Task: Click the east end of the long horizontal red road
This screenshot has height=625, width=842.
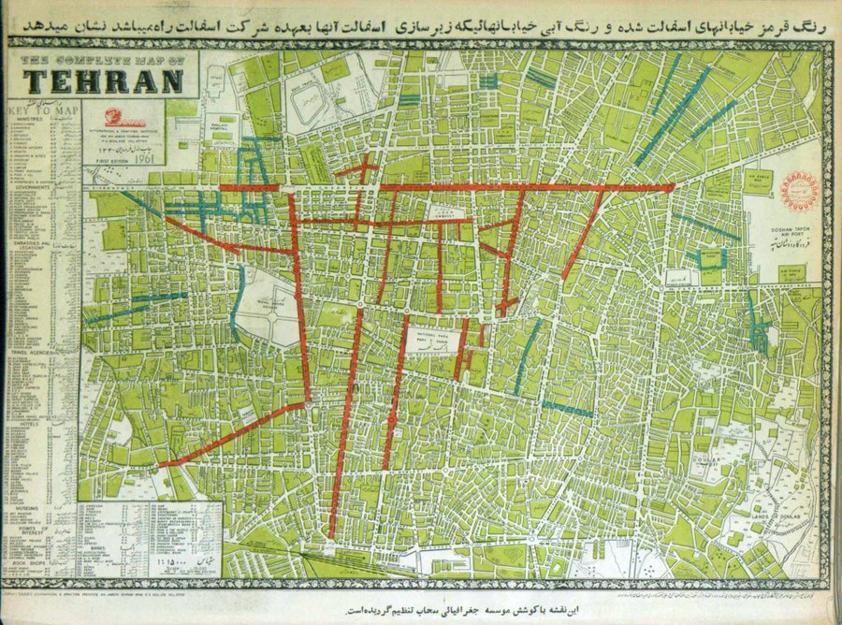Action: click(671, 187)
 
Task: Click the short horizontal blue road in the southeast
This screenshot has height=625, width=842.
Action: click(569, 409)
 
